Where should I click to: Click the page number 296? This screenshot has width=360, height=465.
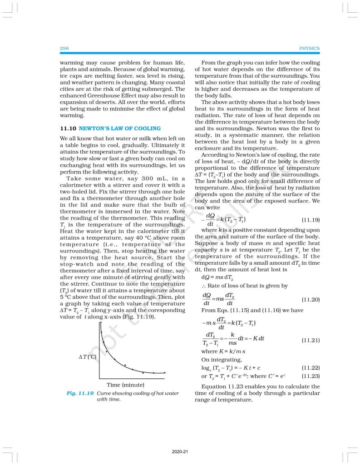[x=64, y=49]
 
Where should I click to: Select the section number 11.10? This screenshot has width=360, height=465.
[x=68, y=129]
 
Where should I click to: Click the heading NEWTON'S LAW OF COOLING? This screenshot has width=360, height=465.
[x=120, y=129]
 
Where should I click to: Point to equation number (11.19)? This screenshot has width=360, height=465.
[x=311, y=220]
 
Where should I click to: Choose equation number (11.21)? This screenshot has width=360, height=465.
[x=311, y=340]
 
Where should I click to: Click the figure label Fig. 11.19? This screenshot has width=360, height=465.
[x=80, y=393]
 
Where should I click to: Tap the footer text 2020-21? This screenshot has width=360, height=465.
[x=180, y=452]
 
